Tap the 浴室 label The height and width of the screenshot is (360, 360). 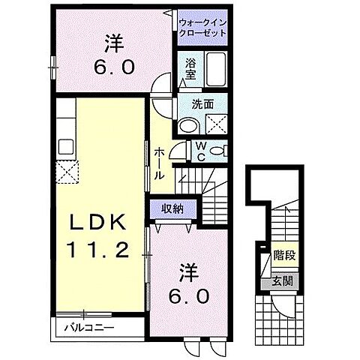(191, 70)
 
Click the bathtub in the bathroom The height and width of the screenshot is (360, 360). (220, 69)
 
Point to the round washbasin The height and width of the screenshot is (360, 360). (188, 126)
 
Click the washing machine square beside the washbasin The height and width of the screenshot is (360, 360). (218, 127)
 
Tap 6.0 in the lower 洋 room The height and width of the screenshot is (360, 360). (193, 295)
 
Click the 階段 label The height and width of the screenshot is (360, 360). (283, 256)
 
